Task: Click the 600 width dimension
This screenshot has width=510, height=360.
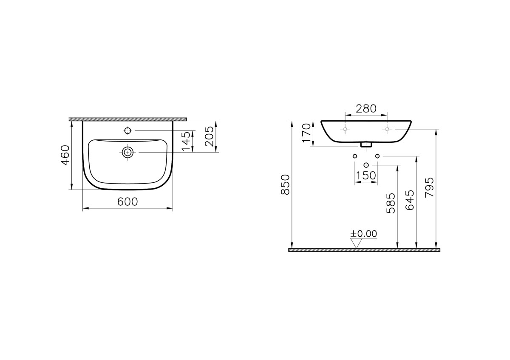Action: [x=127, y=202]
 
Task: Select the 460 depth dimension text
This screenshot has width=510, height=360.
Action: [x=65, y=156]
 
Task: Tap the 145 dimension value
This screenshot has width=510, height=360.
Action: [x=186, y=141]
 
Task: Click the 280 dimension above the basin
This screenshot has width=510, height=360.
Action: [x=366, y=109]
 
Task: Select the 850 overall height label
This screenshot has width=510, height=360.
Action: [x=285, y=184]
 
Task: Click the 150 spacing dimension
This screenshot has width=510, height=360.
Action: [x=366, y=176]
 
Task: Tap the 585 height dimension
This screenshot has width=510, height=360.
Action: [x=391, y=203]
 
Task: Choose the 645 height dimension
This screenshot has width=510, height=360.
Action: [x=410, y=200]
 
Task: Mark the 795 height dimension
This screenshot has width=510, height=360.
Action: [x=429, y=187]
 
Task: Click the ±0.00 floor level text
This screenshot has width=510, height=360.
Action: [x=363, y=233]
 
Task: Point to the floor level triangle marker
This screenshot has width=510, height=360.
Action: [x=356, y=243]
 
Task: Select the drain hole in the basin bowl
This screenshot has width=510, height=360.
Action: [x=127, y=152]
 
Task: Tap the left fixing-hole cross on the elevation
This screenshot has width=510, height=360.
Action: [x=346, y=128]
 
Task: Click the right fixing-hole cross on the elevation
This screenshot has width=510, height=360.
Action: [x=387, y=128]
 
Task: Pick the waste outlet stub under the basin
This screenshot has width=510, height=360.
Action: [x=365, y=145]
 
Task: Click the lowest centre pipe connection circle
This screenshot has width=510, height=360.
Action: [x=366, y=165]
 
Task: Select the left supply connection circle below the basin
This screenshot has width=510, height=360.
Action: [x=355, y=156]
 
